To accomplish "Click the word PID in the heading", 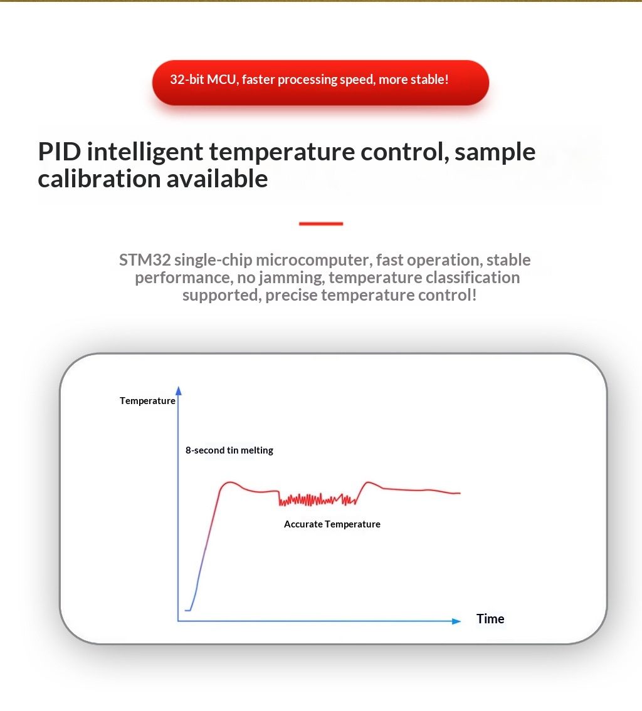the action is point(60,152).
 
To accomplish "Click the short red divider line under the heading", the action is point(321,224).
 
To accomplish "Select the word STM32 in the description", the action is point(145,260).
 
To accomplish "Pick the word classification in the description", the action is point(472,278).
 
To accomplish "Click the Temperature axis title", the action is point(147,401).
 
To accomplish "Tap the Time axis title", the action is point(490,619).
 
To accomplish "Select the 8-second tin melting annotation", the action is point(229,450).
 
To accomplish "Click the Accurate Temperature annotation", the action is point(332,524).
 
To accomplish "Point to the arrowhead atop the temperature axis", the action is point(178,390).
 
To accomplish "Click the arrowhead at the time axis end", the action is point(456,621).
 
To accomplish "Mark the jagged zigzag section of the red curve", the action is point(317,500).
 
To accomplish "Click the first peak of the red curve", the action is point(230,482).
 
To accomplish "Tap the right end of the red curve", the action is point(460,493).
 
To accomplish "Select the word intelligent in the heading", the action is point(145,152).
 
